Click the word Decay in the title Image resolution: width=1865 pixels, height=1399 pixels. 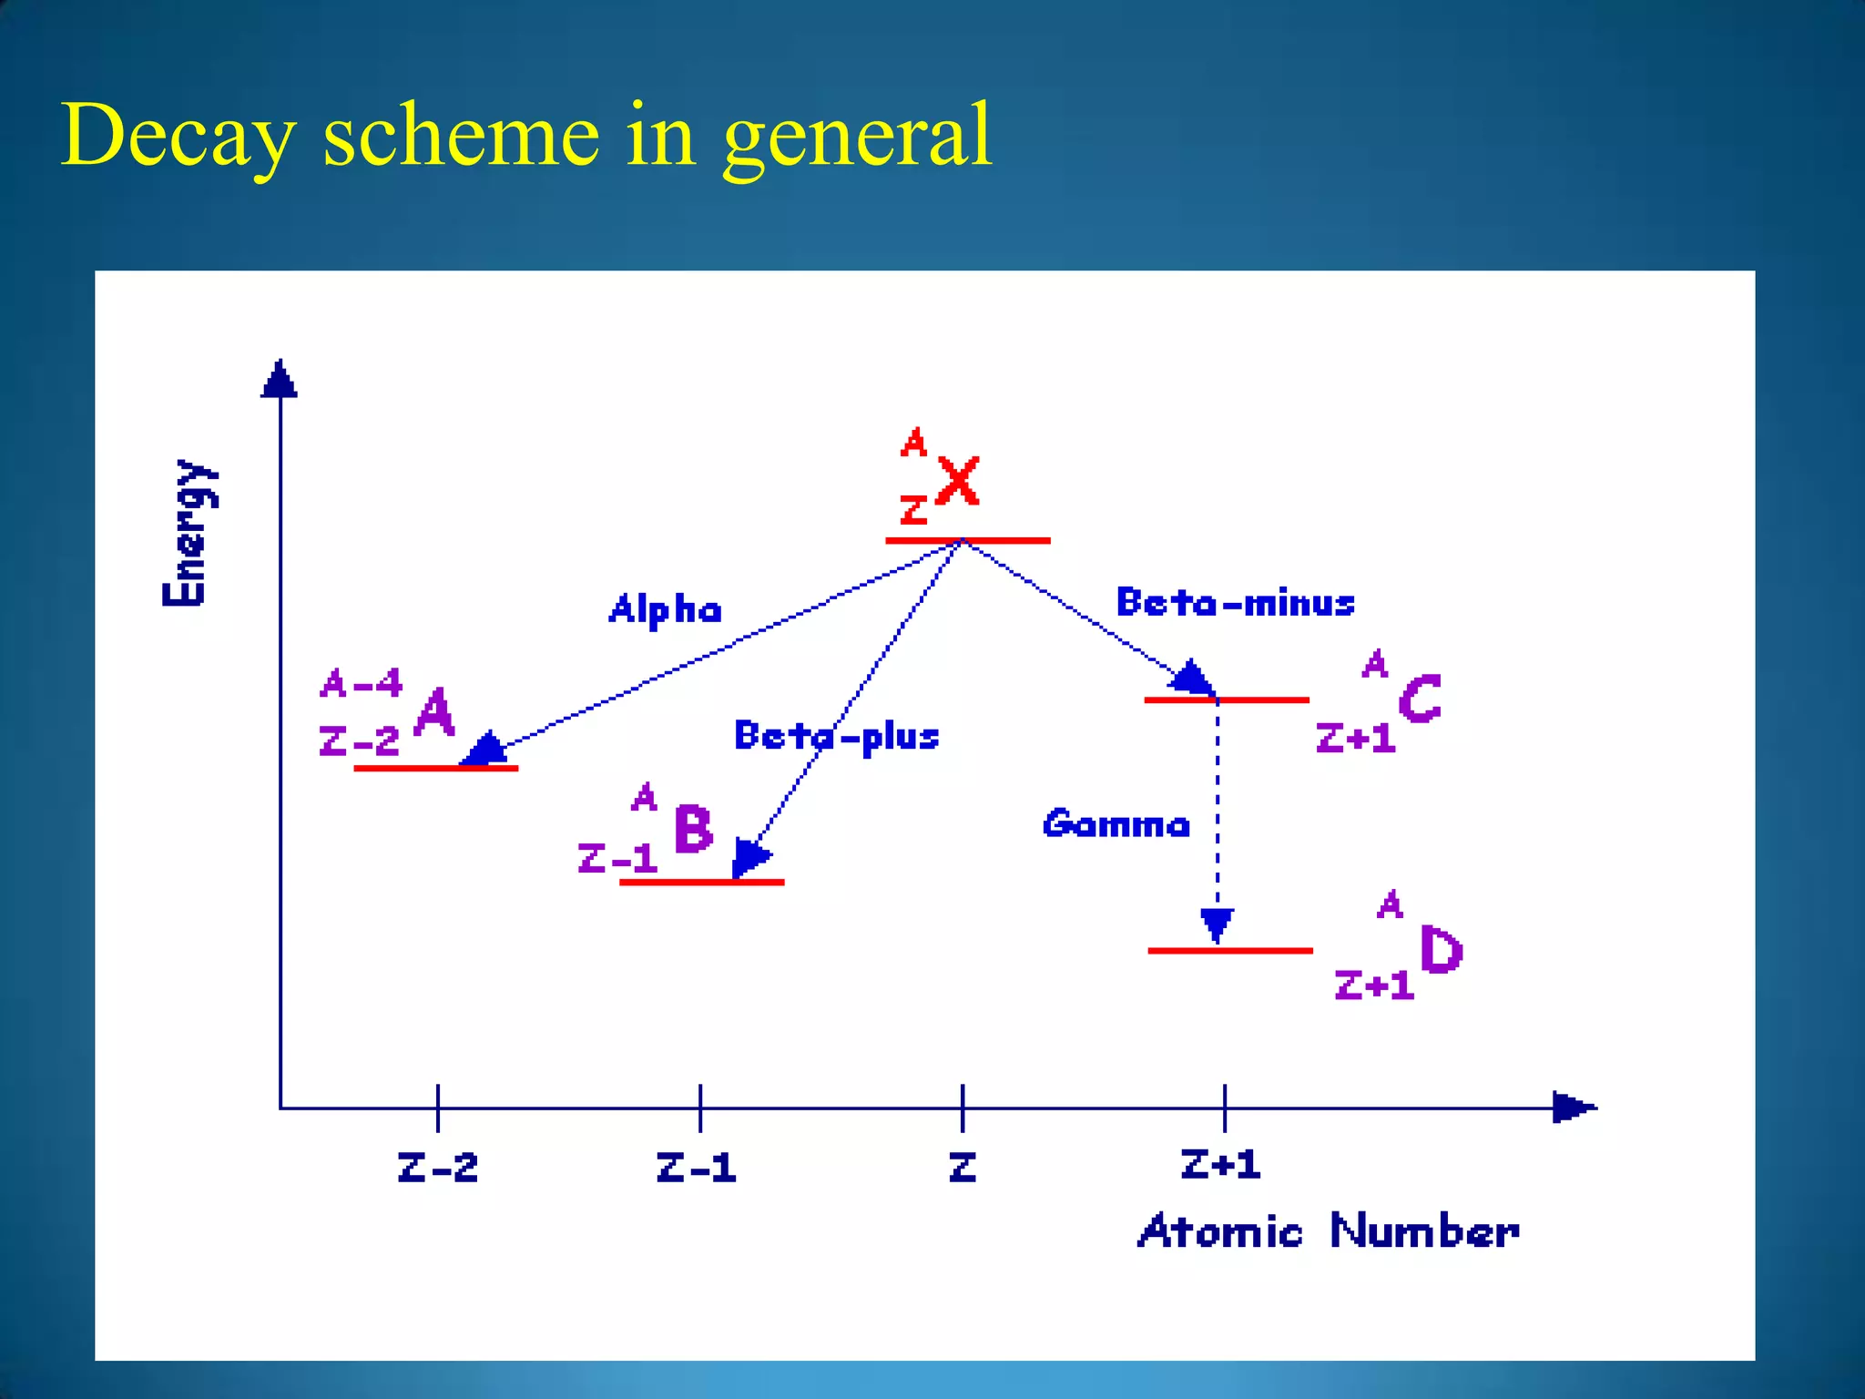pos(178,137)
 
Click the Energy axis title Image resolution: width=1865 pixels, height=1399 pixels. pos(189,533)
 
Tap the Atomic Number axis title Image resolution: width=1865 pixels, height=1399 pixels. pos(1328,1231)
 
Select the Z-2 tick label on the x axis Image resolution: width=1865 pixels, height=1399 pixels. pos(437,1168)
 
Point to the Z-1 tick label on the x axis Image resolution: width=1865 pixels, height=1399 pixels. pos(696,1168)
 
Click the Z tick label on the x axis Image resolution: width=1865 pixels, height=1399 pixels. pos(963,1168)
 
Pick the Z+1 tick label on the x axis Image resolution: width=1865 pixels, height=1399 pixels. pos(1220,1165)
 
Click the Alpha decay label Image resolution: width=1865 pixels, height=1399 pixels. pos(665,609)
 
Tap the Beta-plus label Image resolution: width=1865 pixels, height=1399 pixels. pos(836,736)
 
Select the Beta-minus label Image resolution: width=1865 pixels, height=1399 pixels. pos(1235,603)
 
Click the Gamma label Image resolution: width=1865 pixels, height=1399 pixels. pos(1116,824)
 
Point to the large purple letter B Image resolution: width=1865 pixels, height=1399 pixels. pos(693,829)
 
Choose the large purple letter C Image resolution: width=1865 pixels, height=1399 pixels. pos(1420,699)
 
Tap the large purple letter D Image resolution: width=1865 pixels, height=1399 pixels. pos(1441,950)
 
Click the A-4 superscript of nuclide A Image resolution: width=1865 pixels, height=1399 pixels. pos(361,683)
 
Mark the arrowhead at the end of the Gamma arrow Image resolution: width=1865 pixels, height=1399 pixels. pos(1218,924)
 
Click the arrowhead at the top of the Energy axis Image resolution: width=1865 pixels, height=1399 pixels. pos(280,379)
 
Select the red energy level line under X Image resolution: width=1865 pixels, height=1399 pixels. pos(968,541)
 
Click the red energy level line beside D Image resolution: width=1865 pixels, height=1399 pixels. pos(1229,950)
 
